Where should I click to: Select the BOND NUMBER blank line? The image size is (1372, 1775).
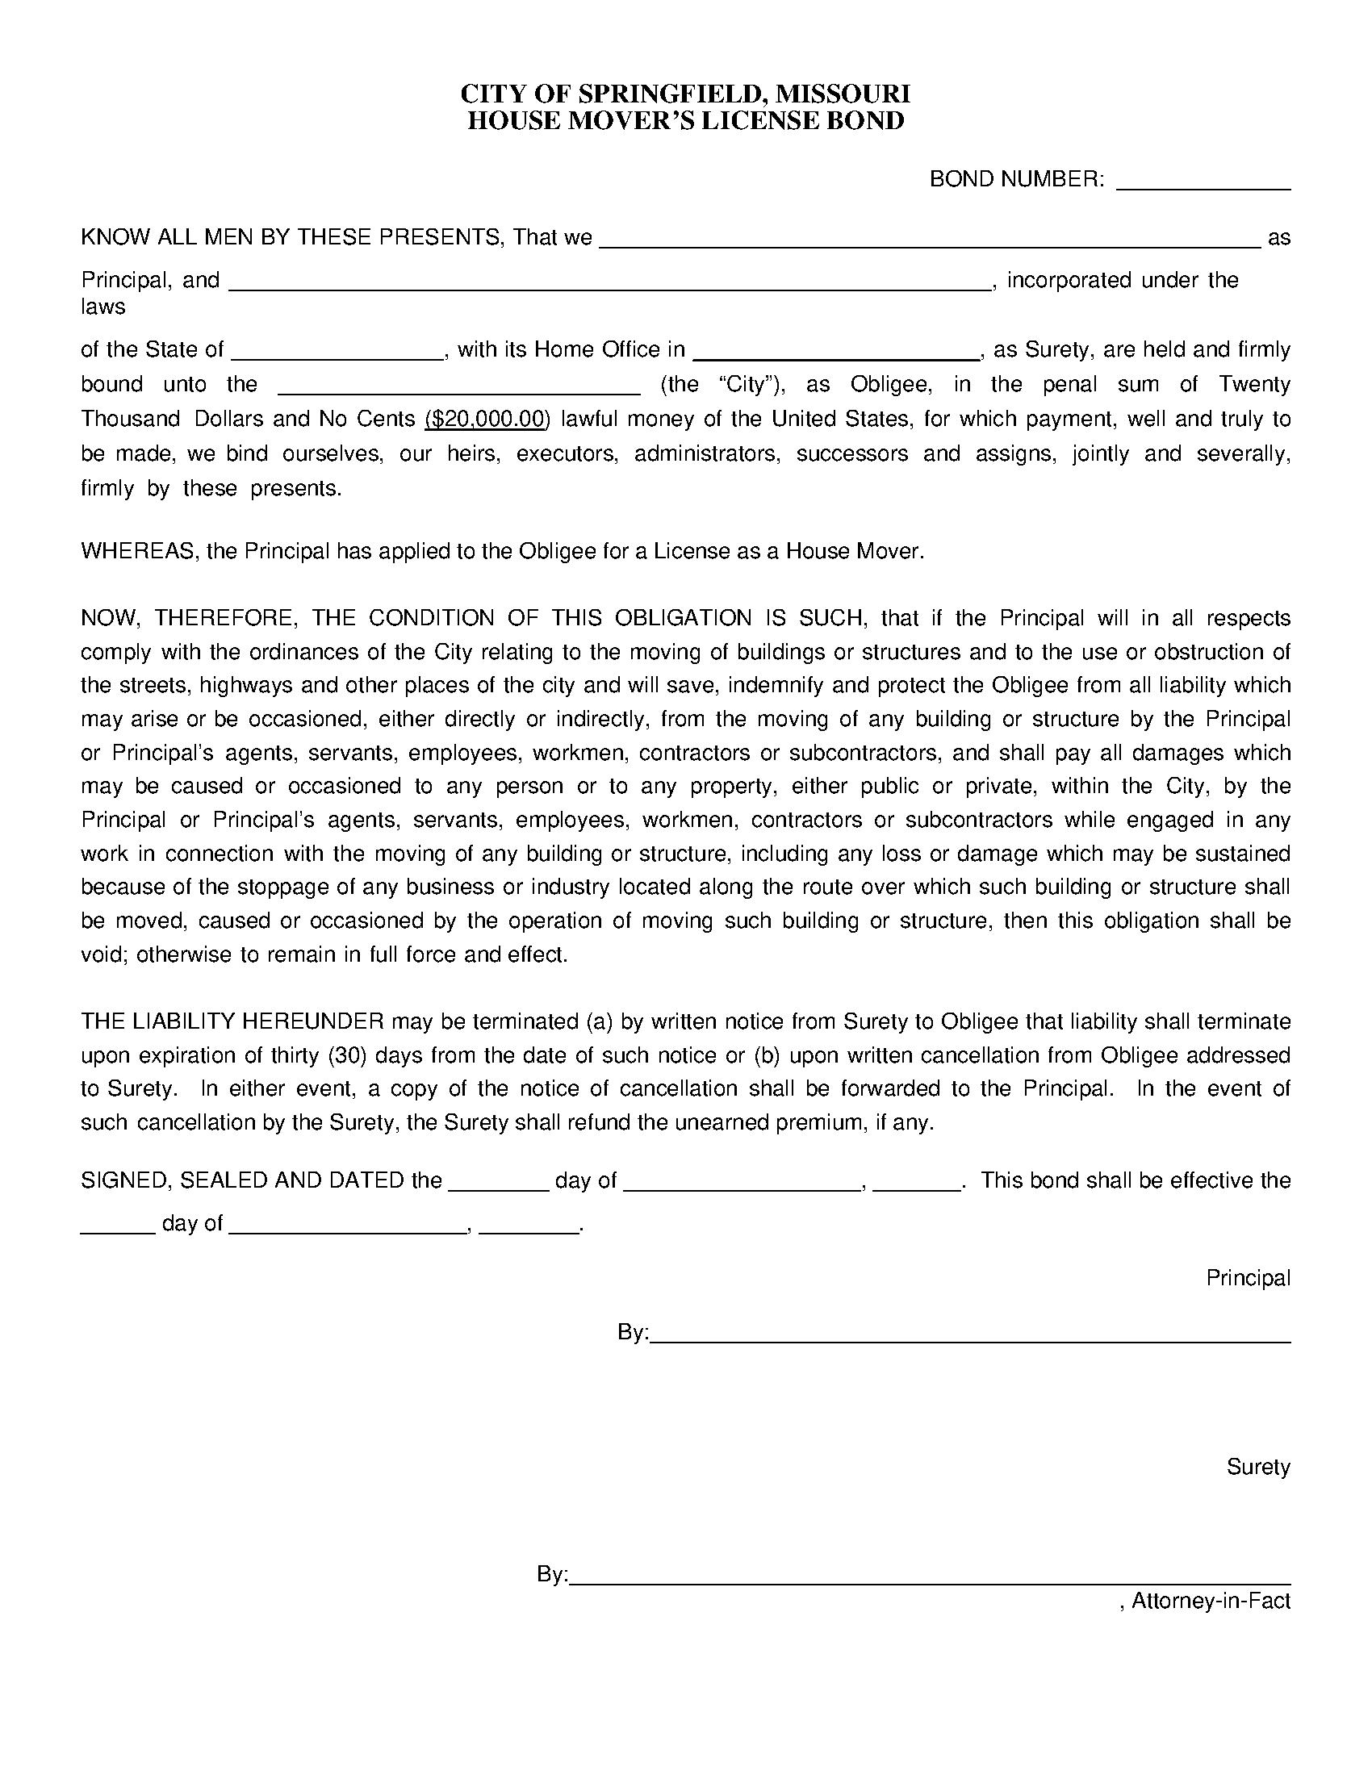pos(1203,184)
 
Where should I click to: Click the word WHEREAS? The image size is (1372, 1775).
pos(138,551)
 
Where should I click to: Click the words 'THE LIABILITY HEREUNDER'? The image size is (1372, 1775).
pos(232,1021)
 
